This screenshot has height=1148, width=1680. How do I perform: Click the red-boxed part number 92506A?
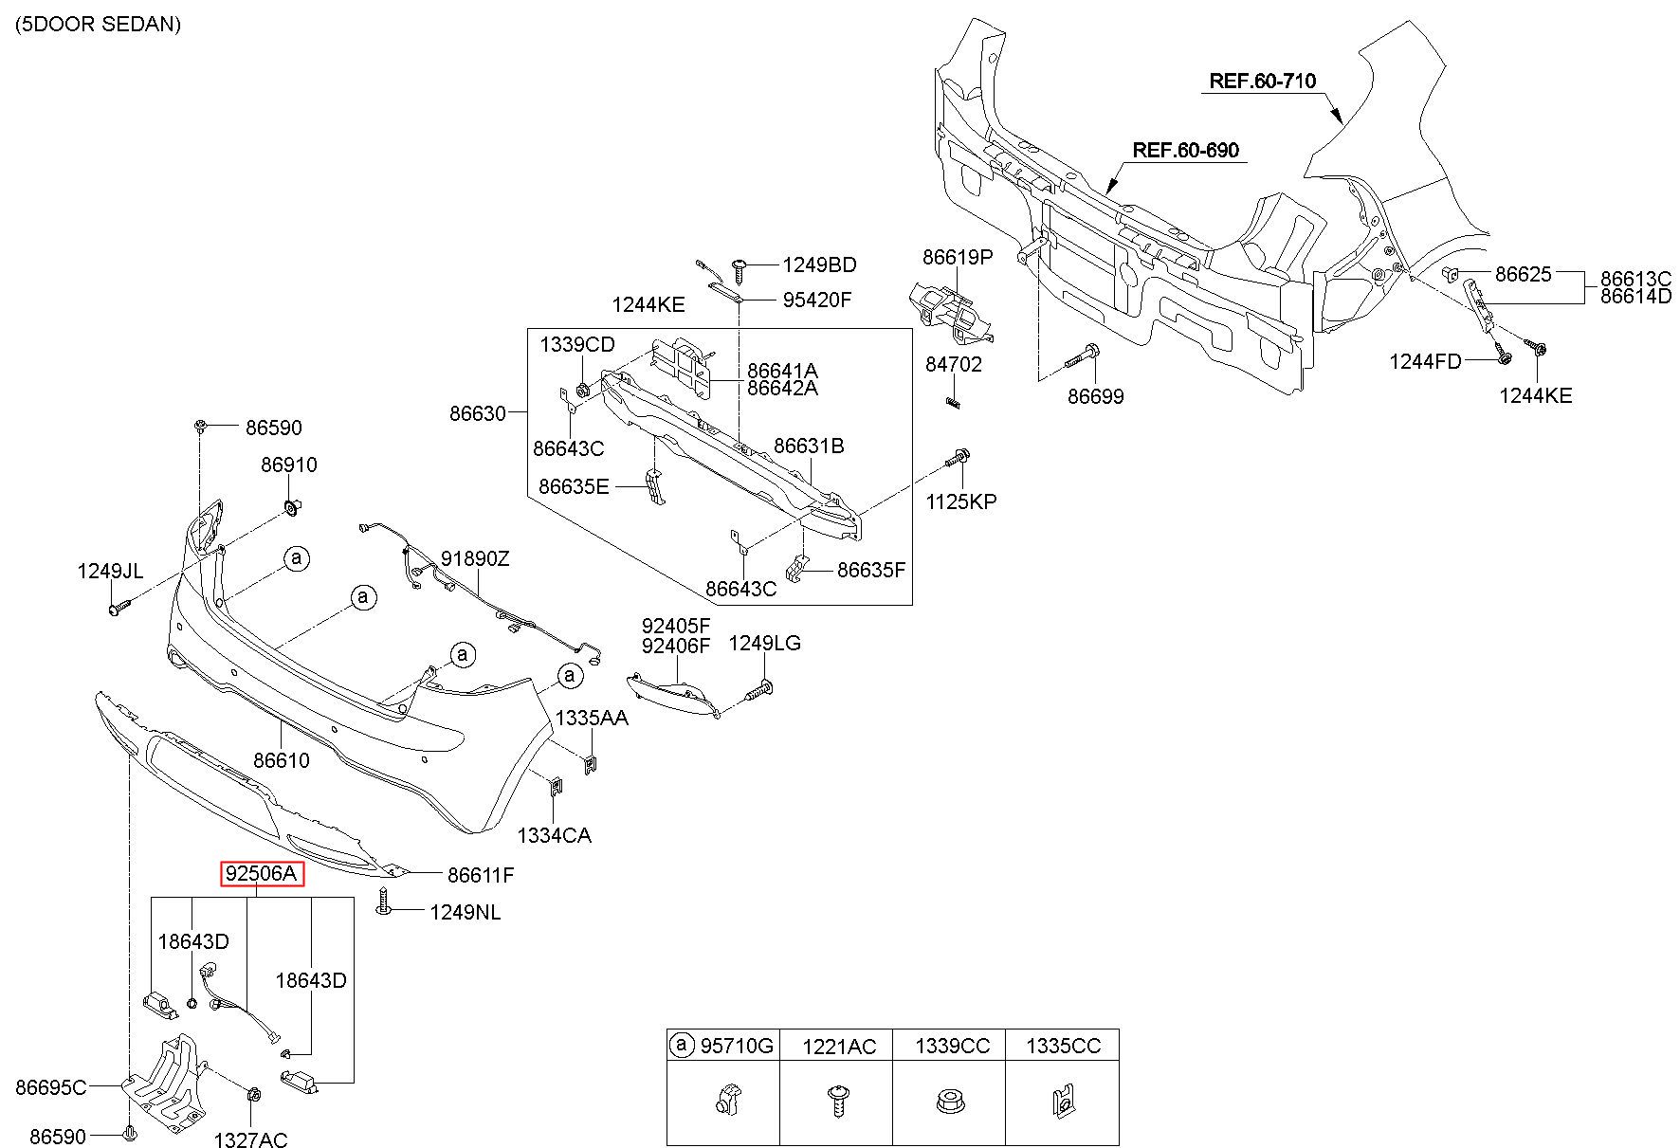(263, 873)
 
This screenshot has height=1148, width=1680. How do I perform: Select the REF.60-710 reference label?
(1263, 82)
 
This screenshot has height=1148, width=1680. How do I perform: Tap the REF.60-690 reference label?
(1186, 150)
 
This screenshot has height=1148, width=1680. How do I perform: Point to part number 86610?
(282, 760)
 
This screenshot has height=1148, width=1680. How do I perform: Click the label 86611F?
(481, 875)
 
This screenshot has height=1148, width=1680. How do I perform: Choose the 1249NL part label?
(465, 913)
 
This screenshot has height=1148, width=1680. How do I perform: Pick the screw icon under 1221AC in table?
(837, 1102)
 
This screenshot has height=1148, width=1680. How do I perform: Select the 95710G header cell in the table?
(723, 1046)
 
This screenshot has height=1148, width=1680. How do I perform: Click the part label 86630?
(478, 413)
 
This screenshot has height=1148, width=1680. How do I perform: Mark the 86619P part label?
(958, 257)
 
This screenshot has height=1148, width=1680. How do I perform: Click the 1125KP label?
(961, 501)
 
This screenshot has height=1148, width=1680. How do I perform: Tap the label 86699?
(1096, 396)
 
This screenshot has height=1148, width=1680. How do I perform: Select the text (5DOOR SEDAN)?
(98, 25)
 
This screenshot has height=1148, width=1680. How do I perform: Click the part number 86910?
(289, 465)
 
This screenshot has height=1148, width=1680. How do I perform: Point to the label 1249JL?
(110, 571)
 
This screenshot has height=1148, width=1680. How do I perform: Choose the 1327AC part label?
(250, 1140)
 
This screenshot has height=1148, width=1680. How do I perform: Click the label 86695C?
(51, 1086)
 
